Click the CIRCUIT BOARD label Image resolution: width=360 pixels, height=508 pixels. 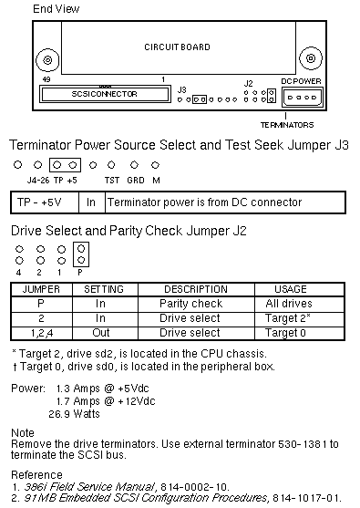177,47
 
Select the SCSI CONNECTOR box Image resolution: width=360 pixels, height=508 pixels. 105,94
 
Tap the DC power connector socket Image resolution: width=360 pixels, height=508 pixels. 303,98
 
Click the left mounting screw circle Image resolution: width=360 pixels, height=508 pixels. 47,60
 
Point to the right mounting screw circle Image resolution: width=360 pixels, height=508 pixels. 311,58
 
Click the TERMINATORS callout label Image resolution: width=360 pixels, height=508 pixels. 287,125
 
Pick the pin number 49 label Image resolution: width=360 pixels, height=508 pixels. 46,79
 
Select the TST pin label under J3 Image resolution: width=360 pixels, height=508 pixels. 112,181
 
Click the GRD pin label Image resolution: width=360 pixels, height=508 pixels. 136,181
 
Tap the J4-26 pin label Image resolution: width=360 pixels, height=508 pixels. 38,181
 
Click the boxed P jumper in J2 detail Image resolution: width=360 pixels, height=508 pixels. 81,254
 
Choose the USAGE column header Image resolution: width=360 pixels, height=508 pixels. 291,289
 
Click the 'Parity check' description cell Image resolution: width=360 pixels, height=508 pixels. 191,304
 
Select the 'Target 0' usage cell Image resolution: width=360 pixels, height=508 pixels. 285,333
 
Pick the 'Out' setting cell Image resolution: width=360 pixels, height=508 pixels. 100,333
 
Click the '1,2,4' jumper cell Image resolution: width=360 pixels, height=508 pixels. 42,333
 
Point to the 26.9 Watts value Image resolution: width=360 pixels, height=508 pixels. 74,414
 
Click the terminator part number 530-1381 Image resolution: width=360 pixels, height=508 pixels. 303,443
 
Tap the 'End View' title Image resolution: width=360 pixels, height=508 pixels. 56,9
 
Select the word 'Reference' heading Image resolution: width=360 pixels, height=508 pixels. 36,474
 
